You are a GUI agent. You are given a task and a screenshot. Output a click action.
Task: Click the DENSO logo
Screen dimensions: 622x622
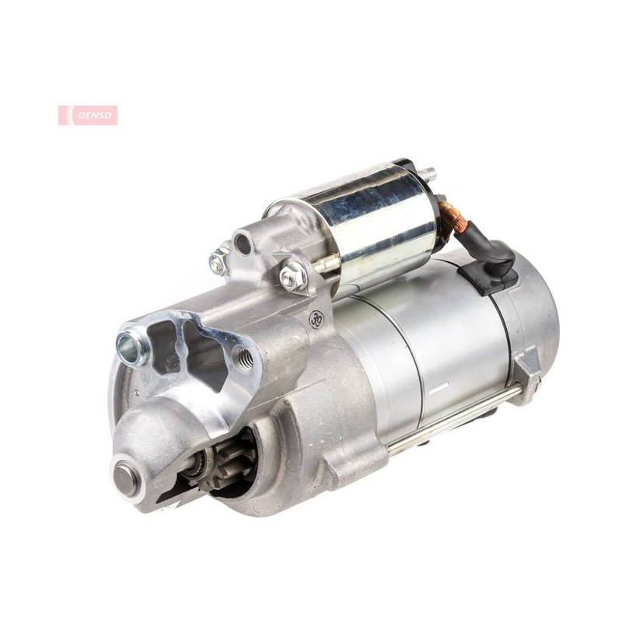click(x=88, y=115)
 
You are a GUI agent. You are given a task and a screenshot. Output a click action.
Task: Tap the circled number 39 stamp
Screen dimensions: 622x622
click(x=317, y=318)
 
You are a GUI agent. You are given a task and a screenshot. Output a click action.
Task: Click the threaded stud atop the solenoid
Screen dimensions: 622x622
click(x=428, y=173)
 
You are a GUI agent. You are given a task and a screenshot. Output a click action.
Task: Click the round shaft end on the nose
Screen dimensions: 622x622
click(x=126, y=476)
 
